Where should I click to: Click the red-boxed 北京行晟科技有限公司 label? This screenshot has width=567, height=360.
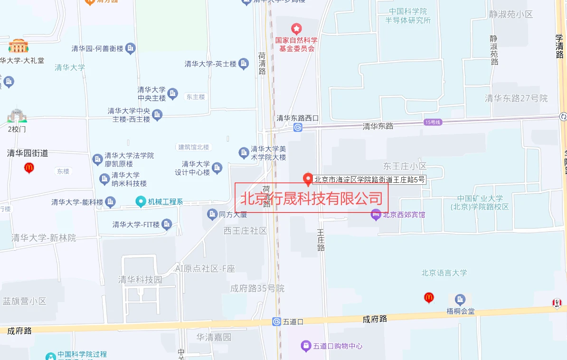312,198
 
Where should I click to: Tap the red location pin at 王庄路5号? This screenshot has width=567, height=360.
308,179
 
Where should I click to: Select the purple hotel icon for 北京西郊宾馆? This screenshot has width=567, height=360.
376,215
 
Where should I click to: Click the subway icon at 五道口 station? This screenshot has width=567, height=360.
277,322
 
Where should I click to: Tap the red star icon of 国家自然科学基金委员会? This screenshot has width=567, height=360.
296,29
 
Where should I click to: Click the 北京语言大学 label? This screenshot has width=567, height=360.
444,273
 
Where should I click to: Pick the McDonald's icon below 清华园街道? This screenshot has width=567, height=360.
29,167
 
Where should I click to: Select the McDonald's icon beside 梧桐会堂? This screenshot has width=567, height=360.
429,298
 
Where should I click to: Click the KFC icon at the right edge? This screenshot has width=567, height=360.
557,303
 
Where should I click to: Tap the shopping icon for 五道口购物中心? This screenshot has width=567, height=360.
306,346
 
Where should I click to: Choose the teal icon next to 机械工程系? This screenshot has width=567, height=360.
141,202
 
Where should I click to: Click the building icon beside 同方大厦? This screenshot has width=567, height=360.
212,215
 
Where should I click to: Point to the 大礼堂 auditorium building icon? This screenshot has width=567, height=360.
19,46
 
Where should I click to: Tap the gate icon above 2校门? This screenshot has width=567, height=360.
17,115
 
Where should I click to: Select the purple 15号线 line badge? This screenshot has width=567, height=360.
433,123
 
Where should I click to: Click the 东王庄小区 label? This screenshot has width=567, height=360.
405,166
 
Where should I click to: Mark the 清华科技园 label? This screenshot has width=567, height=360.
140,280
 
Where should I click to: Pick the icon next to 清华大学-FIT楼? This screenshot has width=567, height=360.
166,224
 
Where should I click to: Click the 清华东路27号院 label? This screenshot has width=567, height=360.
516,98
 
